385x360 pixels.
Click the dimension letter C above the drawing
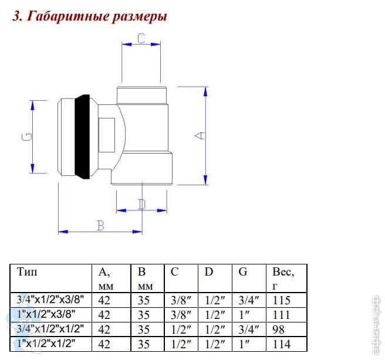tap(141, 39)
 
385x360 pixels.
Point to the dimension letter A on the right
tap(201, 135)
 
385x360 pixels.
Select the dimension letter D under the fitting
tap(141, 205)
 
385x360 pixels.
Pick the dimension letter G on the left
tap(26, 137)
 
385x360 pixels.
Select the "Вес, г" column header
tap(283, 279)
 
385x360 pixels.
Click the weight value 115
tap(282, 300)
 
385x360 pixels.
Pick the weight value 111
tap(282, 315)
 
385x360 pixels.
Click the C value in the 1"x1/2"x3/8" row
tap(178, 315)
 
